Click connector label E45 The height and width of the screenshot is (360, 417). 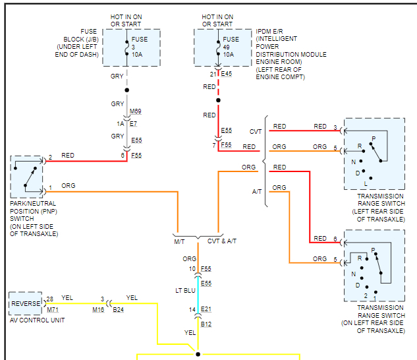click(x=227, y=75)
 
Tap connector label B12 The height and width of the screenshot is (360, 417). click(x=207, y=324)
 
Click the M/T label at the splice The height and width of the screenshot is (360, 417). click(x=180, y=241)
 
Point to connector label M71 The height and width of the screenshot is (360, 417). click(x=52, y=309)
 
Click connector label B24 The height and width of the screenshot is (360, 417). click(x=118, y=309)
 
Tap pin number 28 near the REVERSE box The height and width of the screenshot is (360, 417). click(x=49, y=299)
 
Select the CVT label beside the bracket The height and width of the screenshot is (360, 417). click(x=256, y=132)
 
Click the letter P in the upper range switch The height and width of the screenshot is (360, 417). click(x=373, y=139)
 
